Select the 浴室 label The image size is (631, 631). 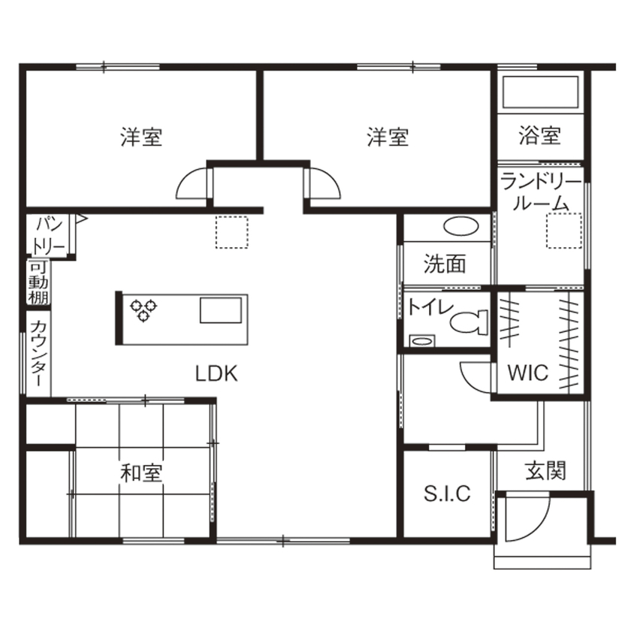pyautogui.click(x=539, y=136)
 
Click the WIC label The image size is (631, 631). pyautogui.click(x=527, y=373)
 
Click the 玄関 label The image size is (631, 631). pyautogui.click(x=545, y=472)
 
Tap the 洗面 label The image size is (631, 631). pyautogui.click(x=444, y=264)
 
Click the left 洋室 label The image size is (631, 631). pyautogui.click(x=141, y=137)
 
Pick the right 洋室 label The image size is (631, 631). pyautogui.click(x=388, y=137)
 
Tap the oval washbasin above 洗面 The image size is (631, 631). pyautogui.click(x=460, y=225)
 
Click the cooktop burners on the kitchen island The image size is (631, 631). pyautogui.click(x=143, y=308)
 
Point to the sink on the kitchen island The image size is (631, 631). pyautogui.click(x=221, y=309)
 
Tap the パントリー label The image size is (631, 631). pyautogui.click(x=50, y=234)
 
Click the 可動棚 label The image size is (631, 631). pyautogui.click(x=38, y=282)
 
